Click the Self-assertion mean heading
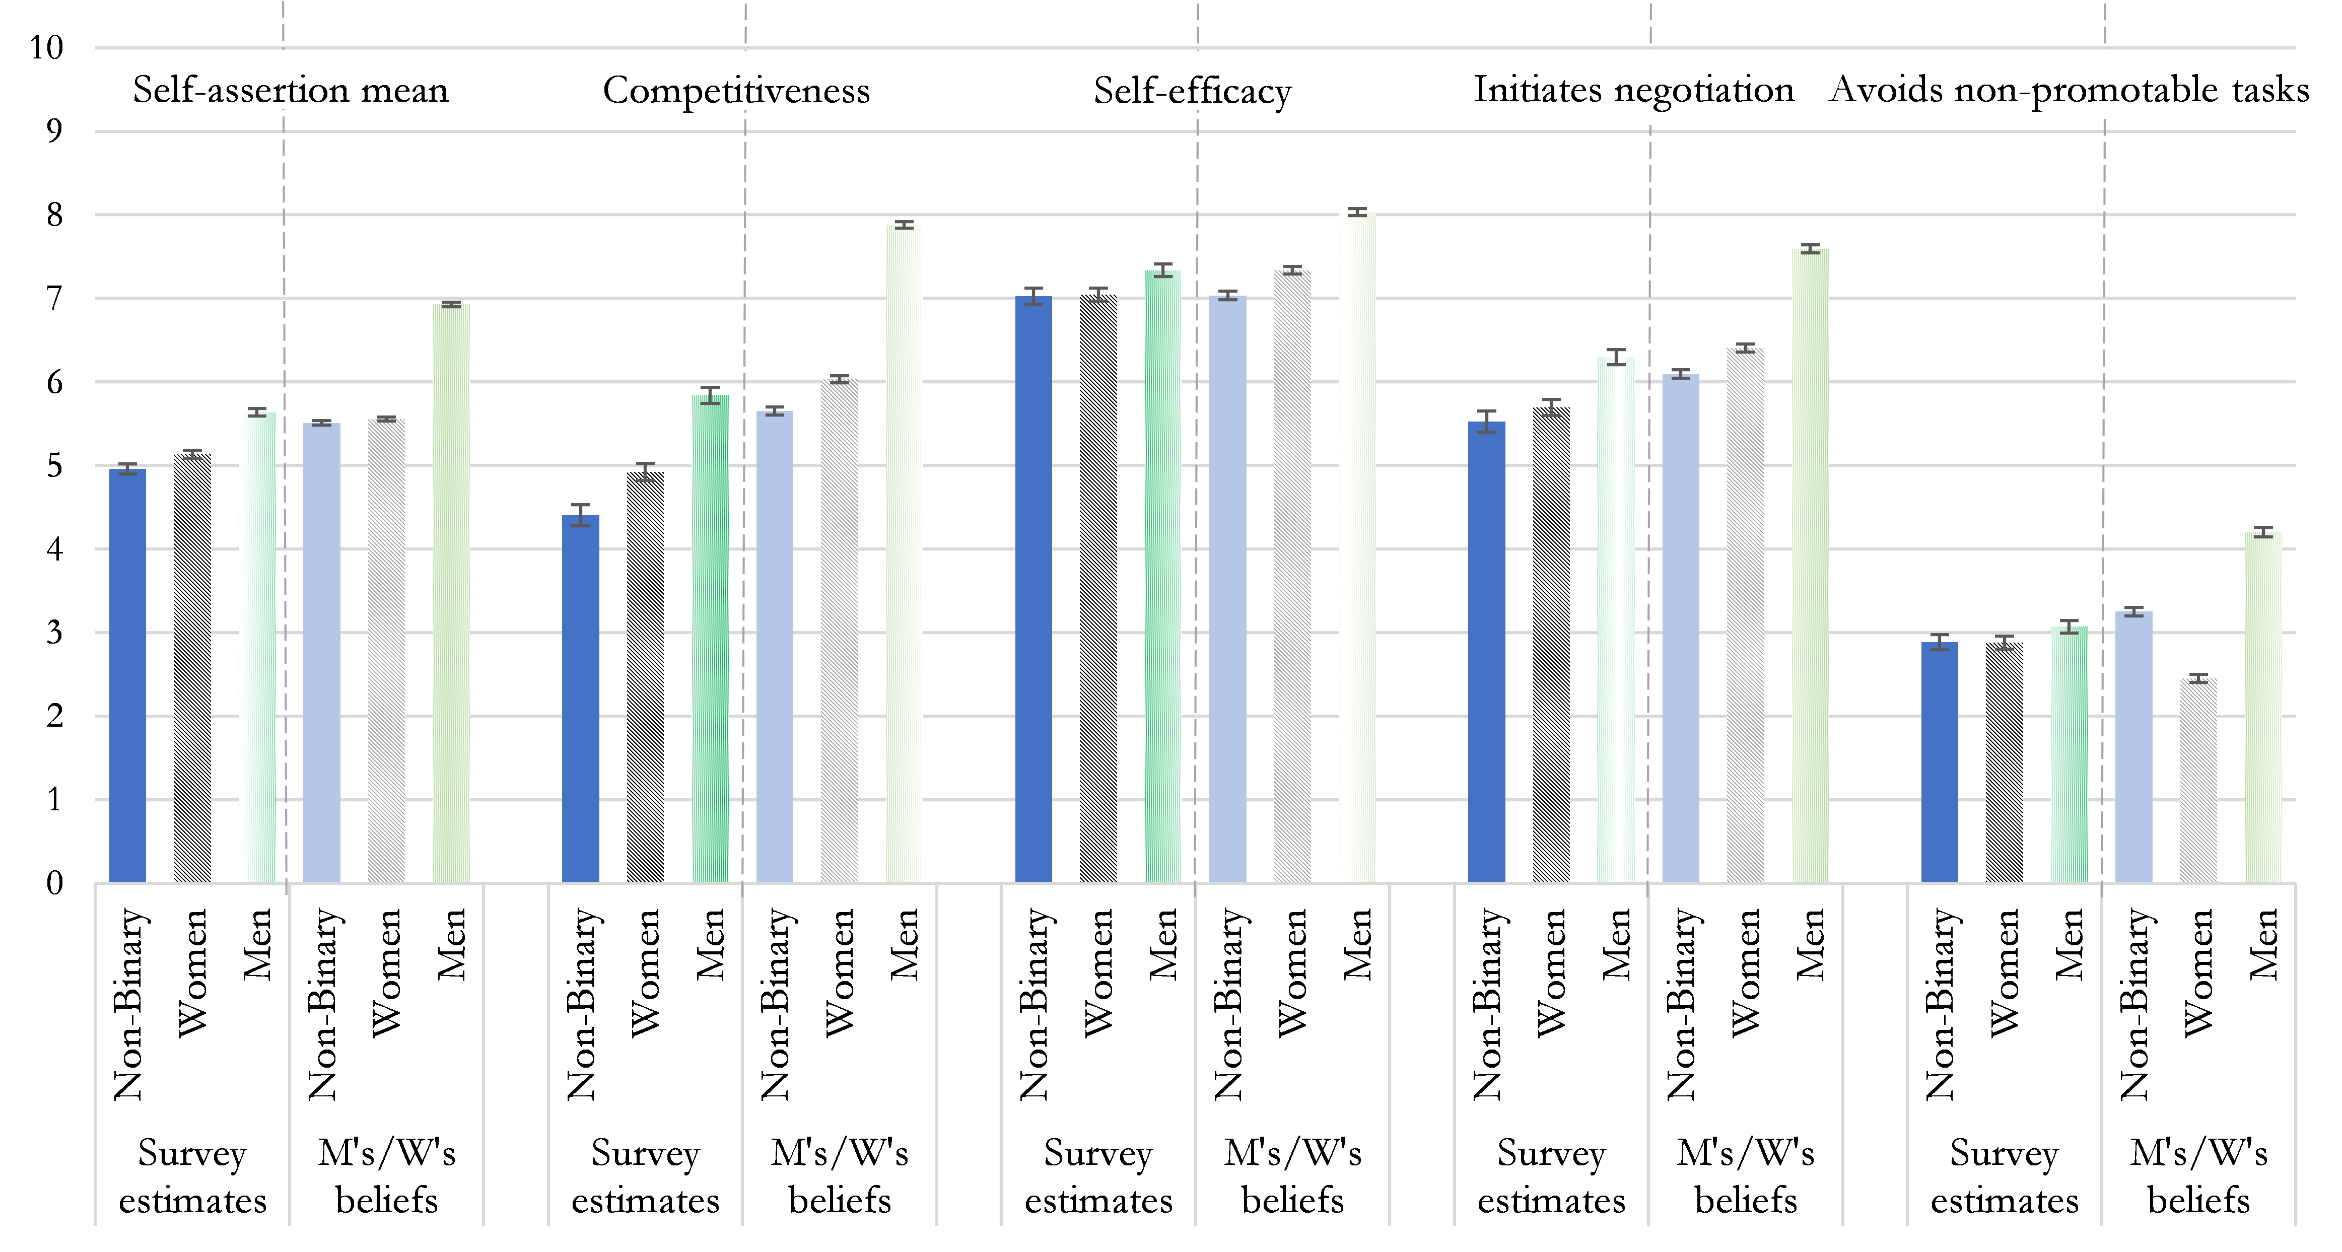coord(291,90)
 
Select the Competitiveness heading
coord(736,90)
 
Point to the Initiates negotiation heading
coord(1634,90)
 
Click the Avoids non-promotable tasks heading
coord(2069,90)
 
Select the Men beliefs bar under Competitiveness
coord(904,554)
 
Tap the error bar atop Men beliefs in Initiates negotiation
coord(1810,249)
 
